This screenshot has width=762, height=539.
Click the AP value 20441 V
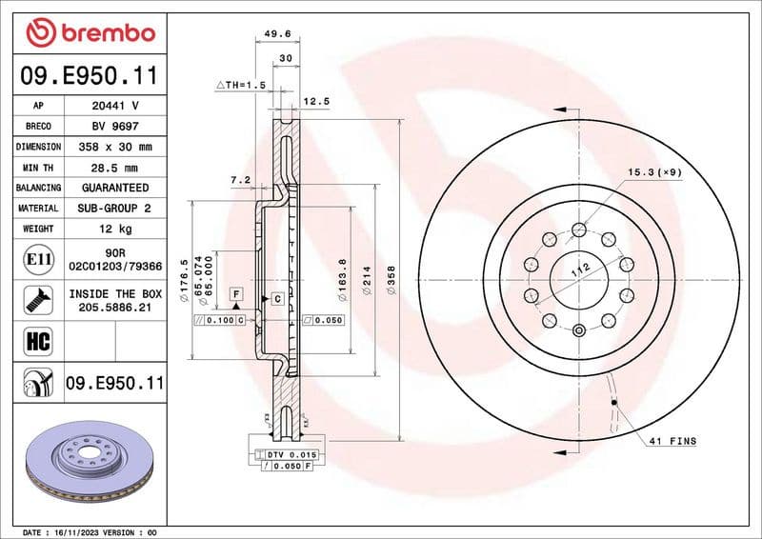coord(115,106)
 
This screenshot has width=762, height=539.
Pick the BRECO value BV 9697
coord(115,127)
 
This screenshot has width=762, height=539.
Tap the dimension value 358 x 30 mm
coord(115,148)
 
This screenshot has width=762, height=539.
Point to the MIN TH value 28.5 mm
coord(115,168)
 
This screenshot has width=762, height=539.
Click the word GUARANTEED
coord(115,188)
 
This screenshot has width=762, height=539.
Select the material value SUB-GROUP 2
coord(115,208)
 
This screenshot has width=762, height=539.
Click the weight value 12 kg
coord(115,229)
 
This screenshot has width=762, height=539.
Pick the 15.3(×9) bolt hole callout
coord(653,172)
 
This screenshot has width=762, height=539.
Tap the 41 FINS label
coord(672,441)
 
